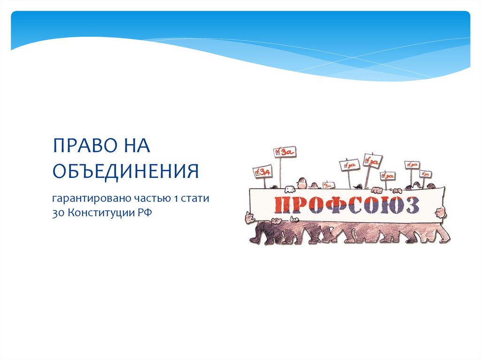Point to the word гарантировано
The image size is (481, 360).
pos(85,199)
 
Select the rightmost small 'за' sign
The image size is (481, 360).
pos(426,174)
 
